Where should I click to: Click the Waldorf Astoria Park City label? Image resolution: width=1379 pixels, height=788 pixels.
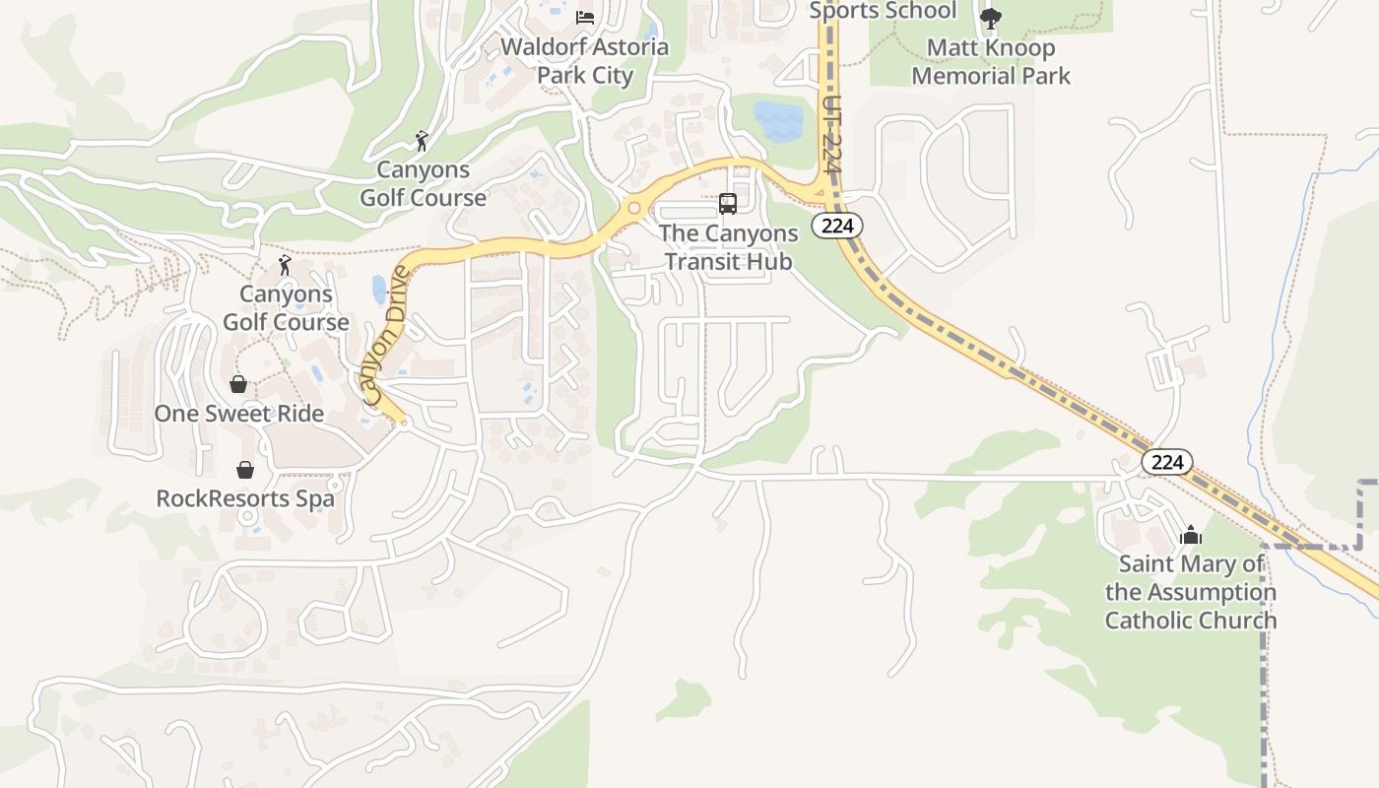tap(585, 61)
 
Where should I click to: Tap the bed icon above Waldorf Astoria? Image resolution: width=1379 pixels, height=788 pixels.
tap(585, 17)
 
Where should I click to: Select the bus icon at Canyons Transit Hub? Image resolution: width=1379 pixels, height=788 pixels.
tap(728, 204)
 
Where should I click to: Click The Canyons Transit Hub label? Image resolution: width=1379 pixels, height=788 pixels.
tap(728, 247)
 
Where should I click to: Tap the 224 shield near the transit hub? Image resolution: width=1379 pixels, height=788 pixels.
tap(837, 226)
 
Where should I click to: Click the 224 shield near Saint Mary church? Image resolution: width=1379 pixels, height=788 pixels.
tap(1167, 461)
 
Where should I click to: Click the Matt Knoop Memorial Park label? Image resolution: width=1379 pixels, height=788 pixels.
tap(991, 61)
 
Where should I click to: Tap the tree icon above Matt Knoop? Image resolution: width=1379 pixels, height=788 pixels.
tap(991, 18)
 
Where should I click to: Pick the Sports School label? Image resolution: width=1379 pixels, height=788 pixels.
tap(883, 11)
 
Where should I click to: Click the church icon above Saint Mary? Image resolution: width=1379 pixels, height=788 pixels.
tap(1191, 535)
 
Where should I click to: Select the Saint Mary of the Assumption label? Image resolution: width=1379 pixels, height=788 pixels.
tap(1191, 592)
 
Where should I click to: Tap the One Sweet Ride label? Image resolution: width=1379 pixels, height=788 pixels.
tap(239, 413)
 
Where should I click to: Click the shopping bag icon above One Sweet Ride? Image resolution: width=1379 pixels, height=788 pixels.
tap(238, 383)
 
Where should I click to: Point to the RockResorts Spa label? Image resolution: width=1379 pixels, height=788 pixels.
tap(245, 498)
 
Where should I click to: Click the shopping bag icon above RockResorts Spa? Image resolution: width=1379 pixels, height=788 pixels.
tap(245, 470)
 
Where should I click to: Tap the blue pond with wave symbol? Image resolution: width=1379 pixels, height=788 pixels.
tap(778, 122)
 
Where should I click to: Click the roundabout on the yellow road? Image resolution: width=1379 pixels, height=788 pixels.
tap(633, 209)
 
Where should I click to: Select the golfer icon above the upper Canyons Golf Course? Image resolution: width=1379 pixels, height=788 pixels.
tap(423, 141)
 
